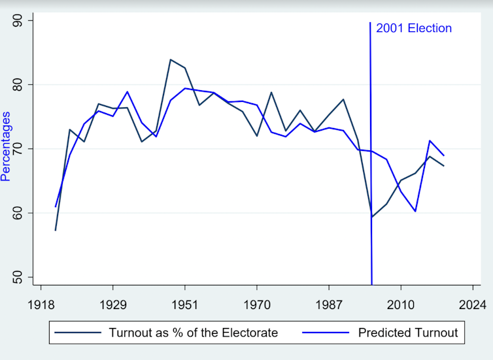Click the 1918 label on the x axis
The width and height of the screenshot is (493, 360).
[x=41, y=305]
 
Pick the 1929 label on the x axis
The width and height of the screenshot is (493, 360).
[x=113, y=305]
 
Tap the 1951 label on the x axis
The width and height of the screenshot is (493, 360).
[x=185, y=305]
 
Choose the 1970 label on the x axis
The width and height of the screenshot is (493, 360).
[x=256, y=305]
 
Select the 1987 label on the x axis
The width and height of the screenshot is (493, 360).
[x=328, y=305]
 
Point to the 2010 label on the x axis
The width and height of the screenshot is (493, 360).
[x=400, y=305]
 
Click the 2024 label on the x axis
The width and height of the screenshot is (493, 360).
[x=472, y=305]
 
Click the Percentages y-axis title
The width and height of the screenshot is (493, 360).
[x=6, y=146]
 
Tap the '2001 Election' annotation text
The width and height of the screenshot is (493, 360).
[x=414, y=28]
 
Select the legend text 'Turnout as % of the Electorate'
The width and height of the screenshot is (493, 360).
[x=194, y=333]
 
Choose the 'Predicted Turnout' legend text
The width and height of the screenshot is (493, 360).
[x=408, y=333]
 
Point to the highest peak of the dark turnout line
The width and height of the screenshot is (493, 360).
[x=171, y=59]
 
